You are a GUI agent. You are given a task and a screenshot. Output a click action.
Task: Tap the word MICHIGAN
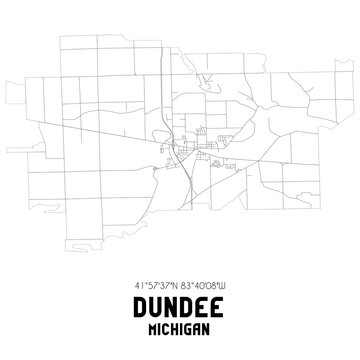pos(180,325)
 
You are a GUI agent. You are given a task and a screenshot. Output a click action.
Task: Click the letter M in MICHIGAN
pos(153,325)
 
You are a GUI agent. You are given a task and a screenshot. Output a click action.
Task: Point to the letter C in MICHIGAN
pos(166,325)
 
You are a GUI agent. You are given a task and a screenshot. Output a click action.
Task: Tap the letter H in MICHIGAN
pos(175,325)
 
